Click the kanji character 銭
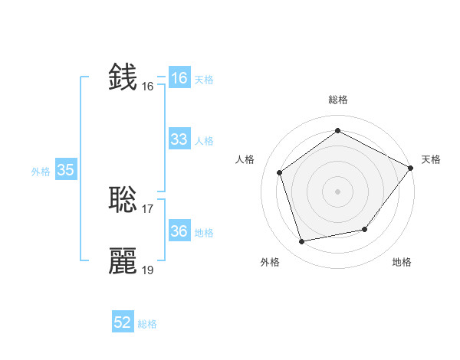tap(123, 77)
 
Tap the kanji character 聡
tap(123, 200)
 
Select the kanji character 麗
tap(123, 261)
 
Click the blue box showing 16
tap(179, 78)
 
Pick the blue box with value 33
tap(179, 139)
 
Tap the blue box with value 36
tap(179, 231)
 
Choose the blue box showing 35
tap(65, 170)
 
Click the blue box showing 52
tap(123, 322)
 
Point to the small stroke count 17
tap(148, 209)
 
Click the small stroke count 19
tap(148, 270)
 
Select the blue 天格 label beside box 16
tap(204, 80)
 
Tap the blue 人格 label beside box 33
tap(204, 141)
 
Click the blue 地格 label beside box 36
tap(204, 233)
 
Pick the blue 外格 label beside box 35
tap(41, 172)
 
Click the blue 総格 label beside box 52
tap(147, 324)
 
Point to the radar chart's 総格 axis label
tap(337, 100)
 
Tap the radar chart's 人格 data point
tap(280, 172)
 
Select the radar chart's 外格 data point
tap(302, 241)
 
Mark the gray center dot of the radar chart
tap(337, 191)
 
